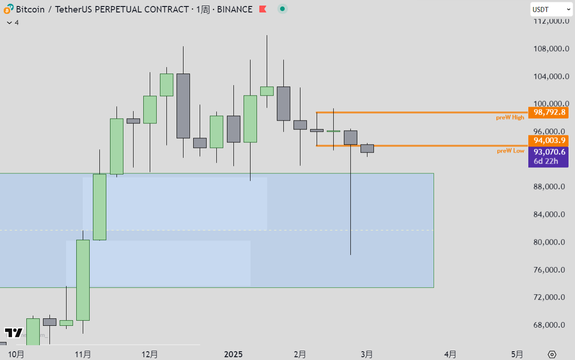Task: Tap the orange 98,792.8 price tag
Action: pyautogui.click(x=548, y=112)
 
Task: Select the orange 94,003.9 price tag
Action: pyautogui.click(x=548, y=140)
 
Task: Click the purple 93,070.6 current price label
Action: pyautogui.click(x=548, y=152)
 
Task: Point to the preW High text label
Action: pyautogui.click(x=510, y=117)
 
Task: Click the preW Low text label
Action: pyautogui.click(x=511, y=151)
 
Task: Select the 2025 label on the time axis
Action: pyautogui.click(x=233, y=354)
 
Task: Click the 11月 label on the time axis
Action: pyautogui.click(x=83, y=354)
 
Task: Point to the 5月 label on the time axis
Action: pyautogui.click(x=517, y=354)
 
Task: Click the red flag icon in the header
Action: pyautogui.click(x=263, y=9)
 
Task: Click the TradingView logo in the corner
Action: pyautogui.click(x=13, y=333)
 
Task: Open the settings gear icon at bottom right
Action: pyautogui.click(x=552, y=354)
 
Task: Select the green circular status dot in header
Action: pyautogui.click(x=282, y=9)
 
